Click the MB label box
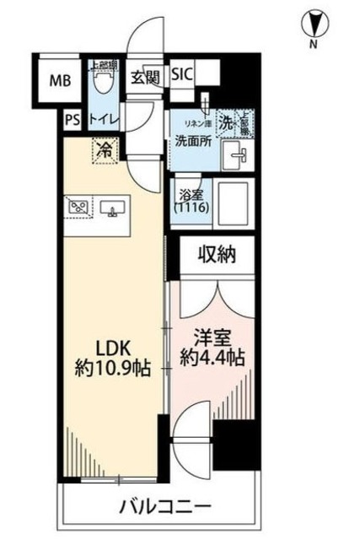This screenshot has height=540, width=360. pos(59,81)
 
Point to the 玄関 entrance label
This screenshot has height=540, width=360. pos(145,76)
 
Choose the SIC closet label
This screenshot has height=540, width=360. pos(182,74)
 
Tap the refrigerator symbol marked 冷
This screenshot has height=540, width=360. pos(105,153)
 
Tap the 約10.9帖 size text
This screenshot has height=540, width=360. pos(110,369)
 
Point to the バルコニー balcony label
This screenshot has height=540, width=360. pos(164,509)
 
